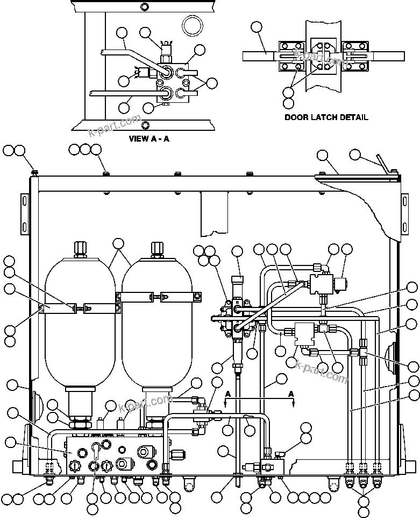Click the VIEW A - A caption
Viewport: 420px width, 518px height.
pyautogui.click(x=149, y=138)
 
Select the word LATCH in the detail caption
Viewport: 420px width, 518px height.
pyautogui.click(x=324, y=117)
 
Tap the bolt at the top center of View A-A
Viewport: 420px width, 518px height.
pyautogui.click(x=144, y=7)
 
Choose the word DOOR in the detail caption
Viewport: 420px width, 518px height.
pyautogui.click(x=297, y=117)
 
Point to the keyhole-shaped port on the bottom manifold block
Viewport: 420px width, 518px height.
pyautogui.click(x=95, y=448)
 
